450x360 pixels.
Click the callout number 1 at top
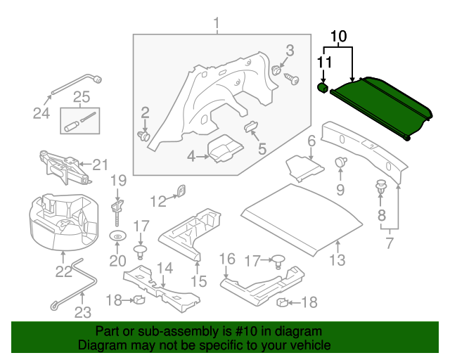(217, 26)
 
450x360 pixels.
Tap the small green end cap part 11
(322, 88)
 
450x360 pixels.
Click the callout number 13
(338, 261)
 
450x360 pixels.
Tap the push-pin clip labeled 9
(341, 162)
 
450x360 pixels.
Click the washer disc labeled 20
(117, 236)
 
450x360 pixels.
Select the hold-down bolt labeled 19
(117, 205)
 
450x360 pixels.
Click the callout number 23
(83, 313)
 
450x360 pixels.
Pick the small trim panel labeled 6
(304, 167)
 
